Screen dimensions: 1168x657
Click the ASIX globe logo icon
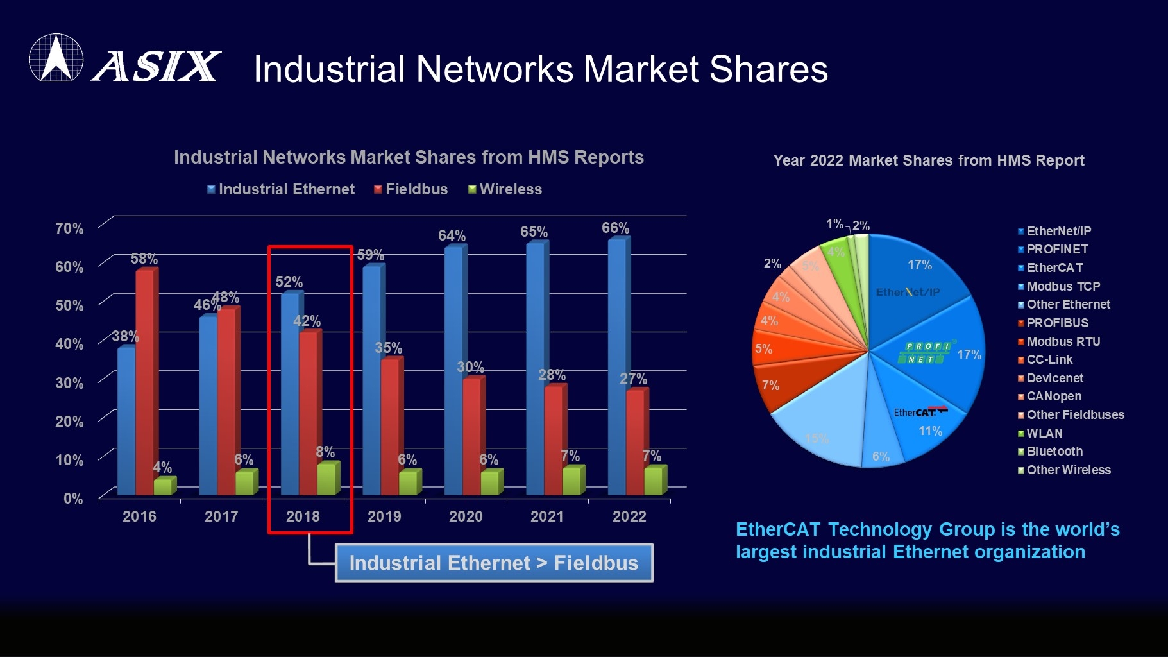click(x=56, y=58)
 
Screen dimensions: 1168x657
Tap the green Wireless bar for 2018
click(x=328, y=479)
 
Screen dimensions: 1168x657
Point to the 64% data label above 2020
click(x=452, y=235)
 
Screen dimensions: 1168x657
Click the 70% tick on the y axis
click(x=69, y=228)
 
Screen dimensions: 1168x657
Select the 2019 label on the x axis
click(x=384, y=516)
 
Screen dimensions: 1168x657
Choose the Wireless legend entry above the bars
click(x=505, y=189)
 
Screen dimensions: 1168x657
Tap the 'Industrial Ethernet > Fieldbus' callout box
click(x=494, y=563)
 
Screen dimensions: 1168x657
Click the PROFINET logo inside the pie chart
click(x=926, y=353)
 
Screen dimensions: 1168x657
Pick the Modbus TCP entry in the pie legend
click(x=1059, y=286)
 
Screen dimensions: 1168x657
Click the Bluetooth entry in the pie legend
click(x=1050, y=451)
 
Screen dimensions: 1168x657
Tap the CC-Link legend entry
click(x=1045, y=359)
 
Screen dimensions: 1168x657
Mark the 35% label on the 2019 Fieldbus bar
click(x=388, y=348)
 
